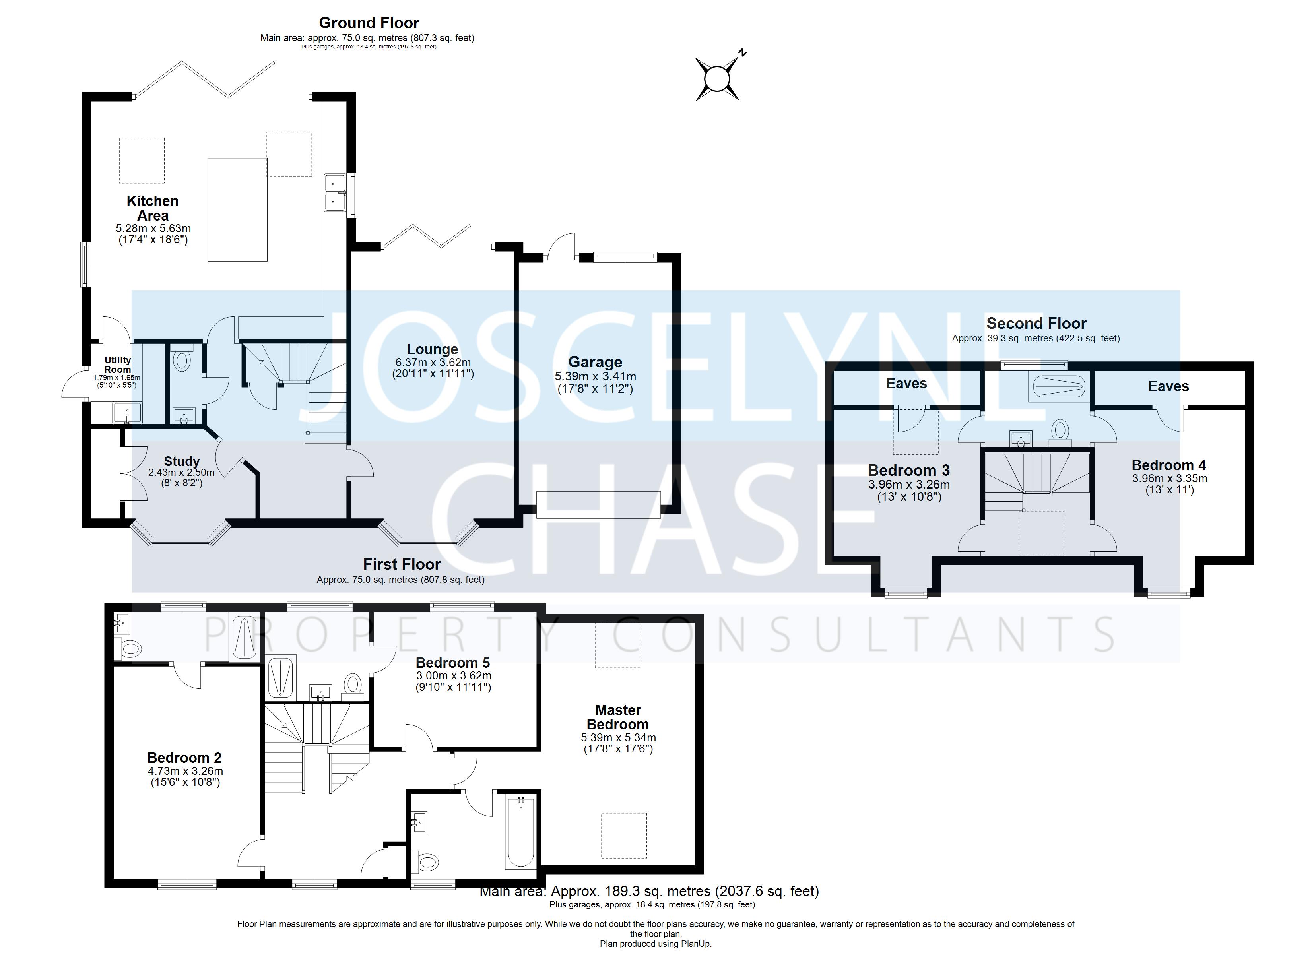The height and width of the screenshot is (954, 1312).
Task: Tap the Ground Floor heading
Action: (369, 23)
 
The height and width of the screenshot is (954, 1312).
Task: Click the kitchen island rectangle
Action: (237, 209)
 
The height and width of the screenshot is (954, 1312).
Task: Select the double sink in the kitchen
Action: (336, 193)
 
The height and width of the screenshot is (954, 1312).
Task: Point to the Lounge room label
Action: (432, 349)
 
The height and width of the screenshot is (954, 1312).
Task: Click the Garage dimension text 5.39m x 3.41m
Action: (595, 376)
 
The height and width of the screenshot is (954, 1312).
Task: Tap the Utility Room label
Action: (117, 365)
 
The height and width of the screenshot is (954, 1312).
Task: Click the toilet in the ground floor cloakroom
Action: (182, 361)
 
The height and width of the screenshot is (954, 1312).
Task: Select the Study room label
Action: (182, 461)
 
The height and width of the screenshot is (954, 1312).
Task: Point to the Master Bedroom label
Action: (618, 717)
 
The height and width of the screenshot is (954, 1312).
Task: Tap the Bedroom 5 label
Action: (453, 663)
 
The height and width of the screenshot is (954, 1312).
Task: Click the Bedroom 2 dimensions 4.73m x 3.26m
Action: (185, 771)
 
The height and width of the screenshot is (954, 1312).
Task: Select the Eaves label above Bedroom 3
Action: (906, 384)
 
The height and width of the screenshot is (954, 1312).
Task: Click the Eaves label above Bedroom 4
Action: (1168, 386)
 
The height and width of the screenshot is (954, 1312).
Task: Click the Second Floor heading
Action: (1036, 324)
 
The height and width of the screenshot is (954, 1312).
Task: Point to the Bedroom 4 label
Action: (1168, 465)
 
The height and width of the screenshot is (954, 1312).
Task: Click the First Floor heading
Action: (402, 564)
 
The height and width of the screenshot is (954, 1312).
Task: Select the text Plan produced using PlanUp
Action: (656, 944)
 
